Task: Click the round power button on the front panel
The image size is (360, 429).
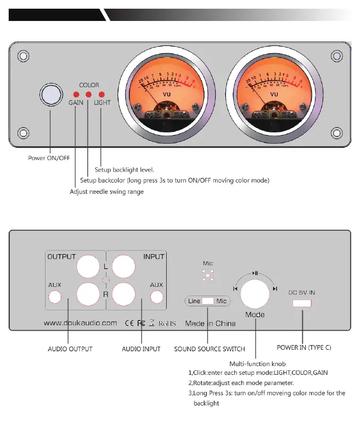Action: pos(51,95)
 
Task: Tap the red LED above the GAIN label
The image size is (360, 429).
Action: pos(76,95)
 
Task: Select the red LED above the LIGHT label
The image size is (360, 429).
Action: pos(101,95)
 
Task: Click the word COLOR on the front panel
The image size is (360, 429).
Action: pos(89,85)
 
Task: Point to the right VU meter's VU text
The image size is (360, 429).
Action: pos(274,94)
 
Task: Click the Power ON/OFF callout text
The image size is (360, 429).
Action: pos(49,158)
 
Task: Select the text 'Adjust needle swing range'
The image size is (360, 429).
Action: pos(106,192)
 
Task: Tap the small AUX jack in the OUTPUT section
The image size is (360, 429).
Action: pos(55,297)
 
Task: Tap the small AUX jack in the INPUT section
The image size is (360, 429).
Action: pos(156,297)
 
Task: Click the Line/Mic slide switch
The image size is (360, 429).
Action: pos(208,301)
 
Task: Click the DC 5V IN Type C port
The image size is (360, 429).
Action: pos(302,303)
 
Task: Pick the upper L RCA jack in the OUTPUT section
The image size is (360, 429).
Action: pos(87,267)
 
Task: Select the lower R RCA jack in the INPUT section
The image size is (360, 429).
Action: pos(123,294)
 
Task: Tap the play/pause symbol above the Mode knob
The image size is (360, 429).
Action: pos(255,274)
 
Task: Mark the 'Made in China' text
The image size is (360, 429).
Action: pos(210,323)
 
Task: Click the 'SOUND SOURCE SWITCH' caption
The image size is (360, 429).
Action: pos(209,349)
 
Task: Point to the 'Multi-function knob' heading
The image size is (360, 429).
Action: pos(257,364)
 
